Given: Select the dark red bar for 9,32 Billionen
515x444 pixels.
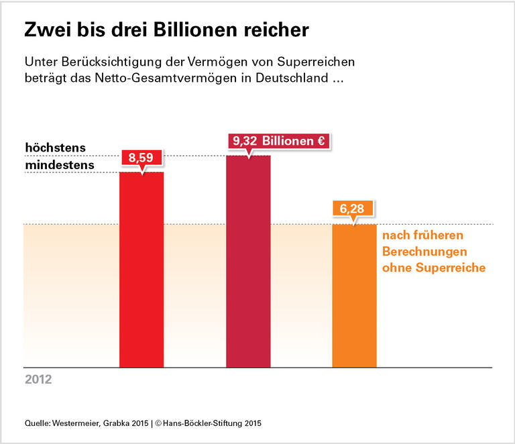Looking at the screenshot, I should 248,262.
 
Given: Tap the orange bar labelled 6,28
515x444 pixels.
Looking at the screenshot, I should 355,295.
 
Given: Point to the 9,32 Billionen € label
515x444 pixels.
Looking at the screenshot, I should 279,142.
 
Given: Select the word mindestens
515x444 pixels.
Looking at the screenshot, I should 59,164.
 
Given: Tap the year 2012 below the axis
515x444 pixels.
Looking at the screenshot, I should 38,379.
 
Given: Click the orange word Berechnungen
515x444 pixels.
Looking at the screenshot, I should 424,252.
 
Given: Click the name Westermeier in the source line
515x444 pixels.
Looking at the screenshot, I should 79,423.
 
